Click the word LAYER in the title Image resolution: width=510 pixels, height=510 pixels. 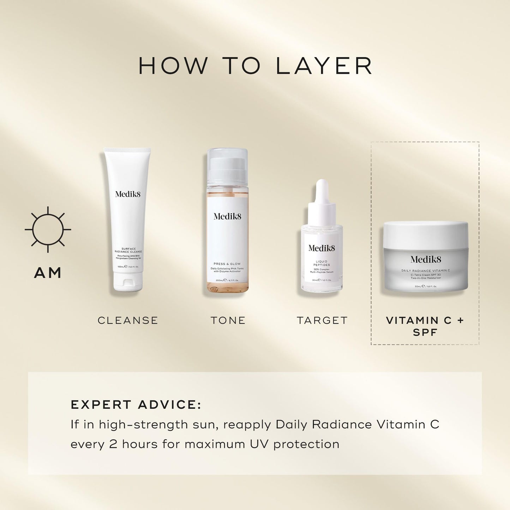click(324, 66)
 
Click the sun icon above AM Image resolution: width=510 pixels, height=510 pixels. click(48, 229)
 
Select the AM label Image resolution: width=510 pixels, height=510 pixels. click(48, 273)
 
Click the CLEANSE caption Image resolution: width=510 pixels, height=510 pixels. click(128, 320)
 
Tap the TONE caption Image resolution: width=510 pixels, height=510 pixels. click(228, 320)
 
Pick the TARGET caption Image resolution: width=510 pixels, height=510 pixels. click(322, 320)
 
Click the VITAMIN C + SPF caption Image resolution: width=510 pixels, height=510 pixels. click(425, 326)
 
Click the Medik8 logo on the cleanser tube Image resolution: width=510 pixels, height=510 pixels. click(128, 194)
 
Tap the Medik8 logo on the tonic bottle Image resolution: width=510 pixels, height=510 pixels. click(227, 216)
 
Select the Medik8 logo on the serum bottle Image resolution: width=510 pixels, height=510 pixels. click(322, 248)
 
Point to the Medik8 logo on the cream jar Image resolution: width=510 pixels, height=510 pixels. click(426, 260)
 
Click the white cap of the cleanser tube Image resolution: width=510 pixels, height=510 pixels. click(128, 282)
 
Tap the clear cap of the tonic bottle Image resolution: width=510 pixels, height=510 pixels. click(227, 166)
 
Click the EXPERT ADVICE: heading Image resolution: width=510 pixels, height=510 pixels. click(136, 404)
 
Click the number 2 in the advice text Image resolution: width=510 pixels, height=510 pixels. click(113, 444)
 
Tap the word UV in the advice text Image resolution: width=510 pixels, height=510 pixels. click(259, 444)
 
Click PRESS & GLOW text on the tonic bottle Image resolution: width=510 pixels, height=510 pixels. click(227, 264)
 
